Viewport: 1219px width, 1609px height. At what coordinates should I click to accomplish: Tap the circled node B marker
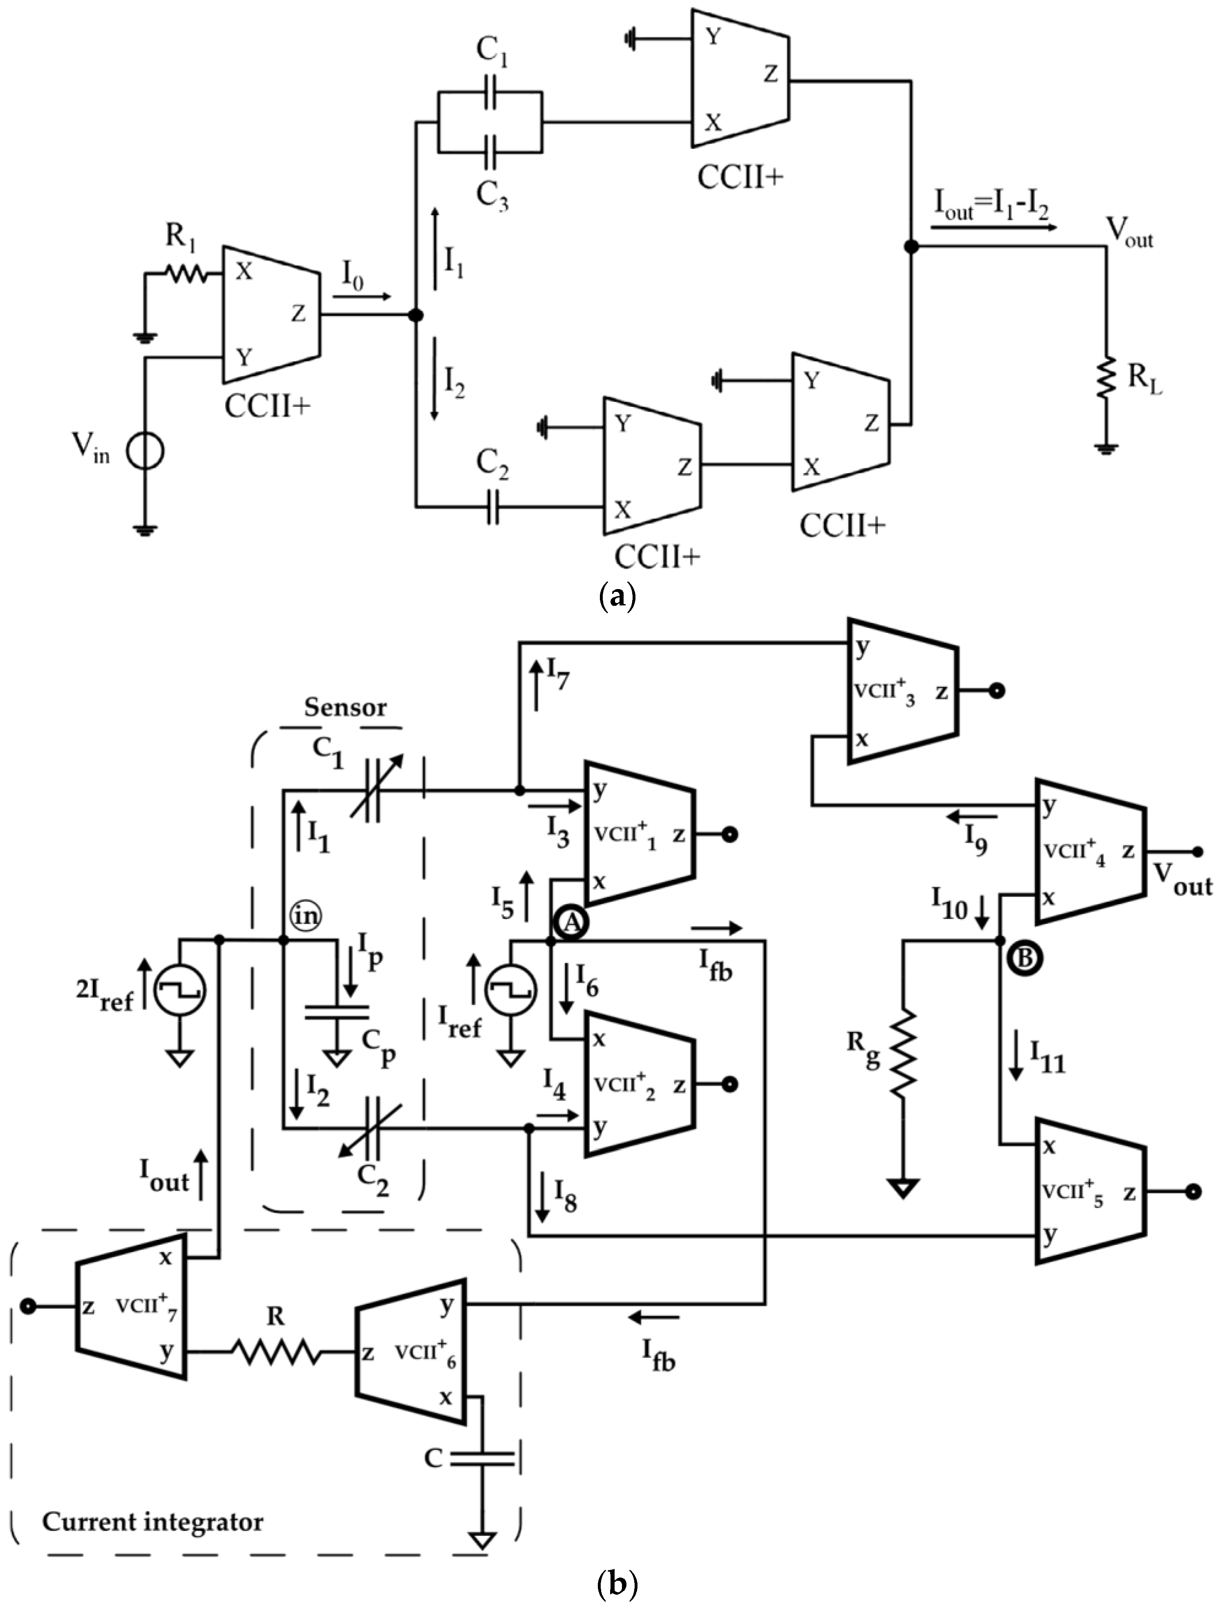point(1024,958)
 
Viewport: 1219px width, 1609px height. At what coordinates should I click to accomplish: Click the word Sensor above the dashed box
point(345,707)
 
